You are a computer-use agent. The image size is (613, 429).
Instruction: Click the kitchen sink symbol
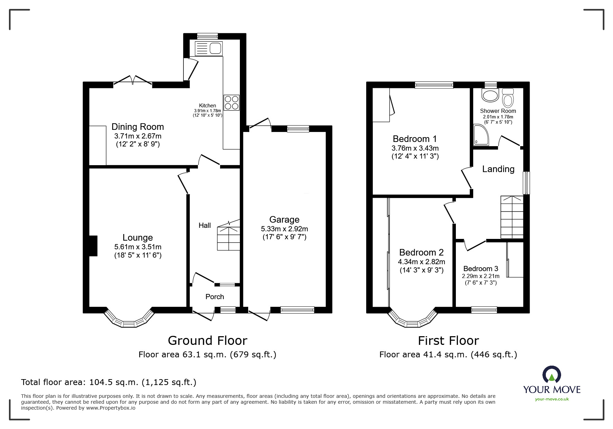pyautogui.click(x=209, y=48)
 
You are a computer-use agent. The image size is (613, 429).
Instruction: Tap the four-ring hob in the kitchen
pyautogui.click(x=232, y=102)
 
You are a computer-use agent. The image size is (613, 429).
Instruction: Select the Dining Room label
pyautogui.click(x=137, y=127)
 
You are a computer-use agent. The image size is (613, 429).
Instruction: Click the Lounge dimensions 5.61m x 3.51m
pyautogui.click(x=138, y=247)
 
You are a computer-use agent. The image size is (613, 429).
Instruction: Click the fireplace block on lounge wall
pyautogui.click(x=93, y=246)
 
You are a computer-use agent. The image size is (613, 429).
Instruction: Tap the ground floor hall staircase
pyautogui.click(x=228, y=235)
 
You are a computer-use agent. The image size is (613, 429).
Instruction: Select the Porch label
pyautogui.click(x=215, y=297)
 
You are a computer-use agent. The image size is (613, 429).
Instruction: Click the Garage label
pyautogui.click(x=284, y=220)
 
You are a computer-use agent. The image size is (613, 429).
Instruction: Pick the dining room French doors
pyautogui.click(x=133, y=80)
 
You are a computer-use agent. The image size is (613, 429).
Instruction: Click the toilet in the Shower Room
pyautogui.click(x=508, y=98)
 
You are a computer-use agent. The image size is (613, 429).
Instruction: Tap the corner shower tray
pyautogui.click(x=481, y=135)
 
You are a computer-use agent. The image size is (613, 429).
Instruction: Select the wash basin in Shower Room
pyautogui.click(x=490, y=95)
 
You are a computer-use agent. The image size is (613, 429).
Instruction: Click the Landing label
pyautogui.click(x=498, y=169)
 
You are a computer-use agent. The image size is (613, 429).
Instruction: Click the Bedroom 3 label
pyautogui.click(x=480, y=269)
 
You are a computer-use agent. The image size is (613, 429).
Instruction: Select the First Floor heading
pyautogui.click(x=448, y=341)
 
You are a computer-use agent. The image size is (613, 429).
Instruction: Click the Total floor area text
pyautogui.click(x=109, y=382)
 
